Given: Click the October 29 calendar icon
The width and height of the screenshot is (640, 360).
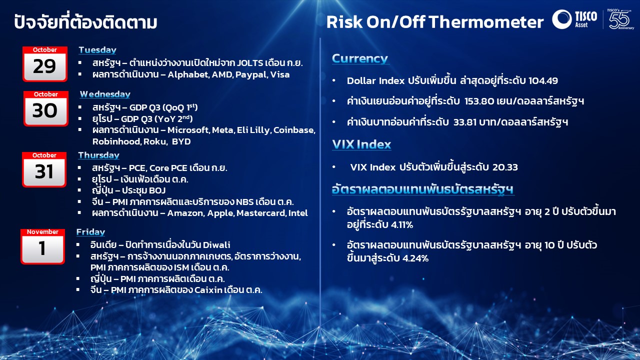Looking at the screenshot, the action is tap(45, 64).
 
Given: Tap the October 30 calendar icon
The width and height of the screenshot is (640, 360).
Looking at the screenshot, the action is tap(45, 108).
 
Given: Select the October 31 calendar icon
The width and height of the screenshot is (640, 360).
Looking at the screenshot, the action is tap(44, 169).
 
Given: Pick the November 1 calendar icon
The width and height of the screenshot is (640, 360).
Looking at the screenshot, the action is tap(42, 246).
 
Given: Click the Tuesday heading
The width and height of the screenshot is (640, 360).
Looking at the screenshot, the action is tap(97, 50).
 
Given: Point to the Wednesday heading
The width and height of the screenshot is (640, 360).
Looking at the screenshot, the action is tap(105, 94).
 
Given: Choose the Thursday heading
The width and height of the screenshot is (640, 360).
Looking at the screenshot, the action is tap(98, 155).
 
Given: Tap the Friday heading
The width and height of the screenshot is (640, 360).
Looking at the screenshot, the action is tap(90, 232).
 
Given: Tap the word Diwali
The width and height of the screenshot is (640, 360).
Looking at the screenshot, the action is tap(216, 245).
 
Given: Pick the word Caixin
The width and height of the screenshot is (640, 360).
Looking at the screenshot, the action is tap(208, 290).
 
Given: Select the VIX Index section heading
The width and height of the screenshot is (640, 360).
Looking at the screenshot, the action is tap(361, 144).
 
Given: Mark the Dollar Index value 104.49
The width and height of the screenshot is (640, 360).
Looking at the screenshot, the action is tap(543, 81).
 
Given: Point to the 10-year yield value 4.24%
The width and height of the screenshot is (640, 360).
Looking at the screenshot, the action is tap(415, 258).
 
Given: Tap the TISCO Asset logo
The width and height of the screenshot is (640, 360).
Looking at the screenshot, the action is tap(574, 19).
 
